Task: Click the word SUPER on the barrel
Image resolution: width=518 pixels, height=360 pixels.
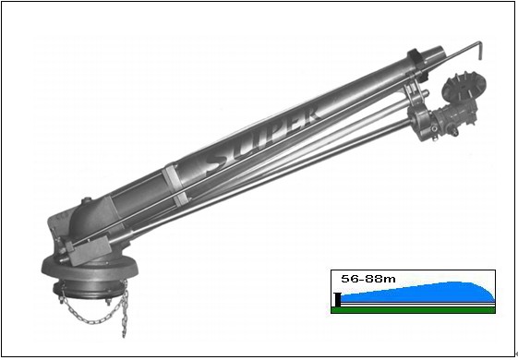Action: point(263,141)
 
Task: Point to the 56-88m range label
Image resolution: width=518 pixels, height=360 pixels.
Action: point(368,279)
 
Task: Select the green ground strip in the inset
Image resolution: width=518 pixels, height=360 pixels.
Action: point(413,310)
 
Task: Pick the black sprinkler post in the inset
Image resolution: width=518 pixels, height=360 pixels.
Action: point(337,300)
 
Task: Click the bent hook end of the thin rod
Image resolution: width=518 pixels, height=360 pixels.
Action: point(479,51)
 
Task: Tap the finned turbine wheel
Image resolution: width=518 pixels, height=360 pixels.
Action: point(464,86)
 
